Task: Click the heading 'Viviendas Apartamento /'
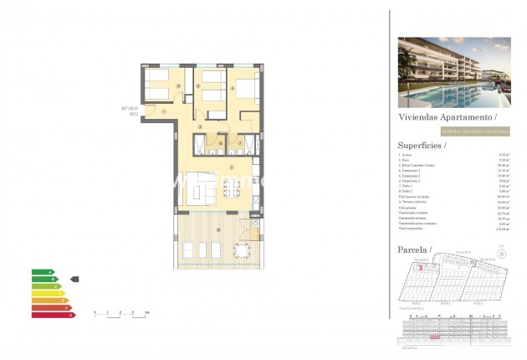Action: pos(448,118)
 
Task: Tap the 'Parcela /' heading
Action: pos(415,250)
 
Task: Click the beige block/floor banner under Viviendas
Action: pos(448,131)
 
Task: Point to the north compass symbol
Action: pos(501,254)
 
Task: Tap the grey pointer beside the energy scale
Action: pos(74,279)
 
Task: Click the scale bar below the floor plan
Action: pos(120,312)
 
